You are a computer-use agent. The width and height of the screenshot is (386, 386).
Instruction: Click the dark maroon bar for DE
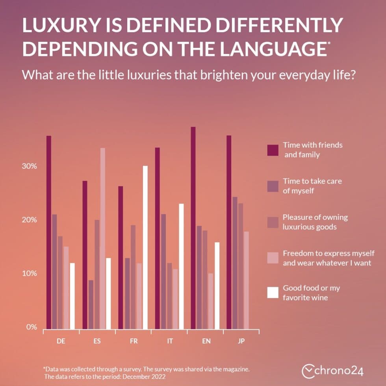49,232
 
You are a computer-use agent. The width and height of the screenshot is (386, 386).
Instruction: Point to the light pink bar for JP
247,280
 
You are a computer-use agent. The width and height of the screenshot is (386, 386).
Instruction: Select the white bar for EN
217,286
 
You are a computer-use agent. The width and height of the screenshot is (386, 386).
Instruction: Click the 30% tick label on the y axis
30,166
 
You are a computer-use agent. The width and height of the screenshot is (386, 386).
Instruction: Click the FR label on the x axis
134,341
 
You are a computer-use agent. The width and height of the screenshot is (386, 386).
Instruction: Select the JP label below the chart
241,341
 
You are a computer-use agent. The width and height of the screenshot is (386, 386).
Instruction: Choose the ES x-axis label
97,341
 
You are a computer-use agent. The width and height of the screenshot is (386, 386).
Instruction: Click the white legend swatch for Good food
273,293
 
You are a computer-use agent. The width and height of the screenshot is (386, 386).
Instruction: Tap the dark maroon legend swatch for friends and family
273,150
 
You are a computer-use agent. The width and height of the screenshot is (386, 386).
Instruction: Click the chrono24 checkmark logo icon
308,371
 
